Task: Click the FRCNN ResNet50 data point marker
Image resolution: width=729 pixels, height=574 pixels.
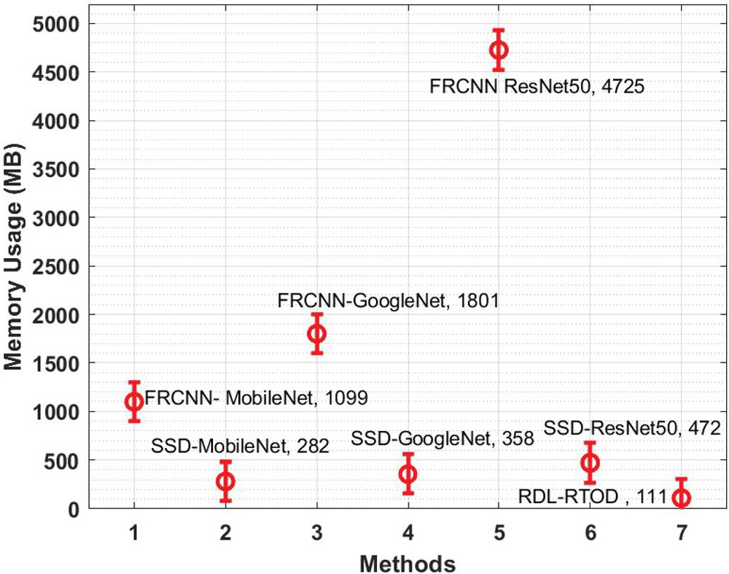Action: pyautogui.click(x=499, y=50)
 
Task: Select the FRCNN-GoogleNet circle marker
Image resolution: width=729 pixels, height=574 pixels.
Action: pyautogui.click(x=316, y=333)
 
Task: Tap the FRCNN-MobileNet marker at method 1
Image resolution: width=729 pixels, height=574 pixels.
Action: pyautogui.click(x=133, y=401)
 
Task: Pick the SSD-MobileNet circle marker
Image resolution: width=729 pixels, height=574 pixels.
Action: pyautogui.click(x=225, y=481)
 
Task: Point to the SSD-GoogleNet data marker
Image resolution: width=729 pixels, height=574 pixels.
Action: pyautogui.click(x=408, y=473)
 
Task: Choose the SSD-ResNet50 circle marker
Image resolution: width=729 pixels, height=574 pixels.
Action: pyautogui.click(x=590, y=462)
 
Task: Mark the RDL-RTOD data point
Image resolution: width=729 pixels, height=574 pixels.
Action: pyautogui.click(x=682, y=497)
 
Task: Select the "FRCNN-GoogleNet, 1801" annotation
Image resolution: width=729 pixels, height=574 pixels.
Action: pyautogui.click(x=388, y=300)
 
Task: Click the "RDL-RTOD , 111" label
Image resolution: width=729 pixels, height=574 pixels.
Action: pyautogui.click(x=592, y=497)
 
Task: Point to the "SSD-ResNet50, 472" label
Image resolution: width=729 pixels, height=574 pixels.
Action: pyautogui.click(x=632, y=428)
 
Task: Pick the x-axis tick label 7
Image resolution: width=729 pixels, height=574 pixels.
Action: pyautogui.click(x=682, y=535)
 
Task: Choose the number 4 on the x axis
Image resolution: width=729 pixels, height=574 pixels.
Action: pyautogui.click(x=408, y=535)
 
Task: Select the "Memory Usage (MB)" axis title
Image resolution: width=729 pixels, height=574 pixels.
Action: pyautogui.click(x=15, y=266)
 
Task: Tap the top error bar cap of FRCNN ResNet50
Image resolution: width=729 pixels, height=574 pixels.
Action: pyautogui.click(x=499, y=30)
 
